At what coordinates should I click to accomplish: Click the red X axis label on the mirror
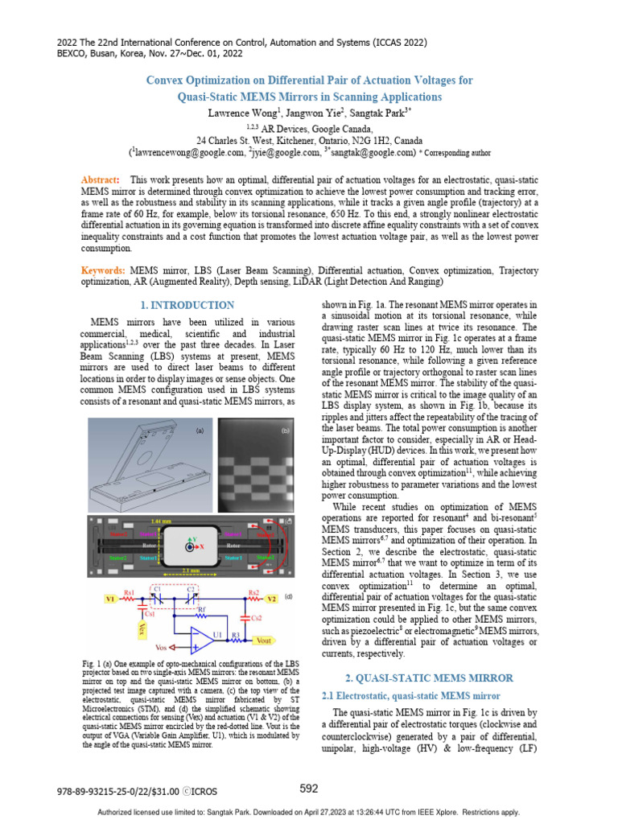pos(201,546)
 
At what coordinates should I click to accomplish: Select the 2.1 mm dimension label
pos(192,571)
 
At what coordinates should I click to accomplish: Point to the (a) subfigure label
pos(200,431)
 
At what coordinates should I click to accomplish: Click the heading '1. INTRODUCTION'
pos(187,305)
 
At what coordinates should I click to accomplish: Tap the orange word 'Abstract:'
pos(101,179)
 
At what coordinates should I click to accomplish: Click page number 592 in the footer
pos(309,789)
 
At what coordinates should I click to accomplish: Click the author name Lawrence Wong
pos(238,113)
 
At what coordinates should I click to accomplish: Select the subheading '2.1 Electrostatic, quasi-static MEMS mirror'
pos(410,694)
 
